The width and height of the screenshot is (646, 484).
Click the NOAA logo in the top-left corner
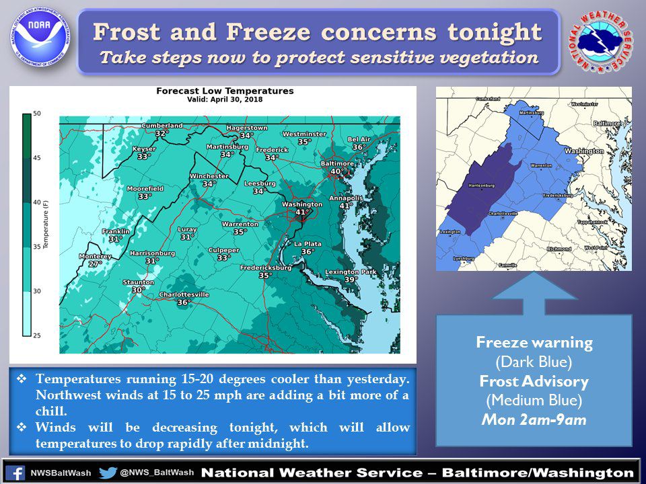point(39,39)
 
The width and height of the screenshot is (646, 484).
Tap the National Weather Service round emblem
point(601,42)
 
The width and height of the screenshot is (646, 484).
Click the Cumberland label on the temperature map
point(161,125)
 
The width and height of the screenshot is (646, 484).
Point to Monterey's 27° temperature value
point(96,264)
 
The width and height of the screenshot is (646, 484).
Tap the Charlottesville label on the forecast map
point(184,294)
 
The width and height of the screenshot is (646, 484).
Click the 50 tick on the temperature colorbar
point(37,114)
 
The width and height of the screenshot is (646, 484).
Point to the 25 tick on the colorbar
point(37,334)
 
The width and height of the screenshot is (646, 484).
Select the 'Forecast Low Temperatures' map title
point(225,91)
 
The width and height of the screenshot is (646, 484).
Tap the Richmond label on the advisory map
point(559,249)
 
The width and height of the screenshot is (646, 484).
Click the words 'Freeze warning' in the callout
point(534,342)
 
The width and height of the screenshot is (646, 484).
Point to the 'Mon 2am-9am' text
point(534,420)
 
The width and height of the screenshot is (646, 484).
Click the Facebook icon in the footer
point(16,473)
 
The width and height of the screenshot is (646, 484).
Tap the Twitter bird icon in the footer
point(108,473)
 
